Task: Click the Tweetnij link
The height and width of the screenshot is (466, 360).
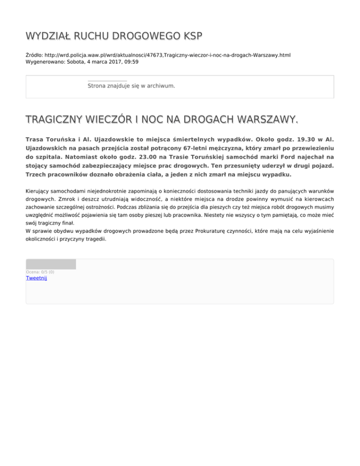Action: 36,278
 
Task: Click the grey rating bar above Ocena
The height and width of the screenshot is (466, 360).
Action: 51,264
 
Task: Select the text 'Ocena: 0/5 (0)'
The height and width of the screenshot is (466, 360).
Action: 40,272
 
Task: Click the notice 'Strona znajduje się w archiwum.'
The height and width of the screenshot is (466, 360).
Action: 131,86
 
